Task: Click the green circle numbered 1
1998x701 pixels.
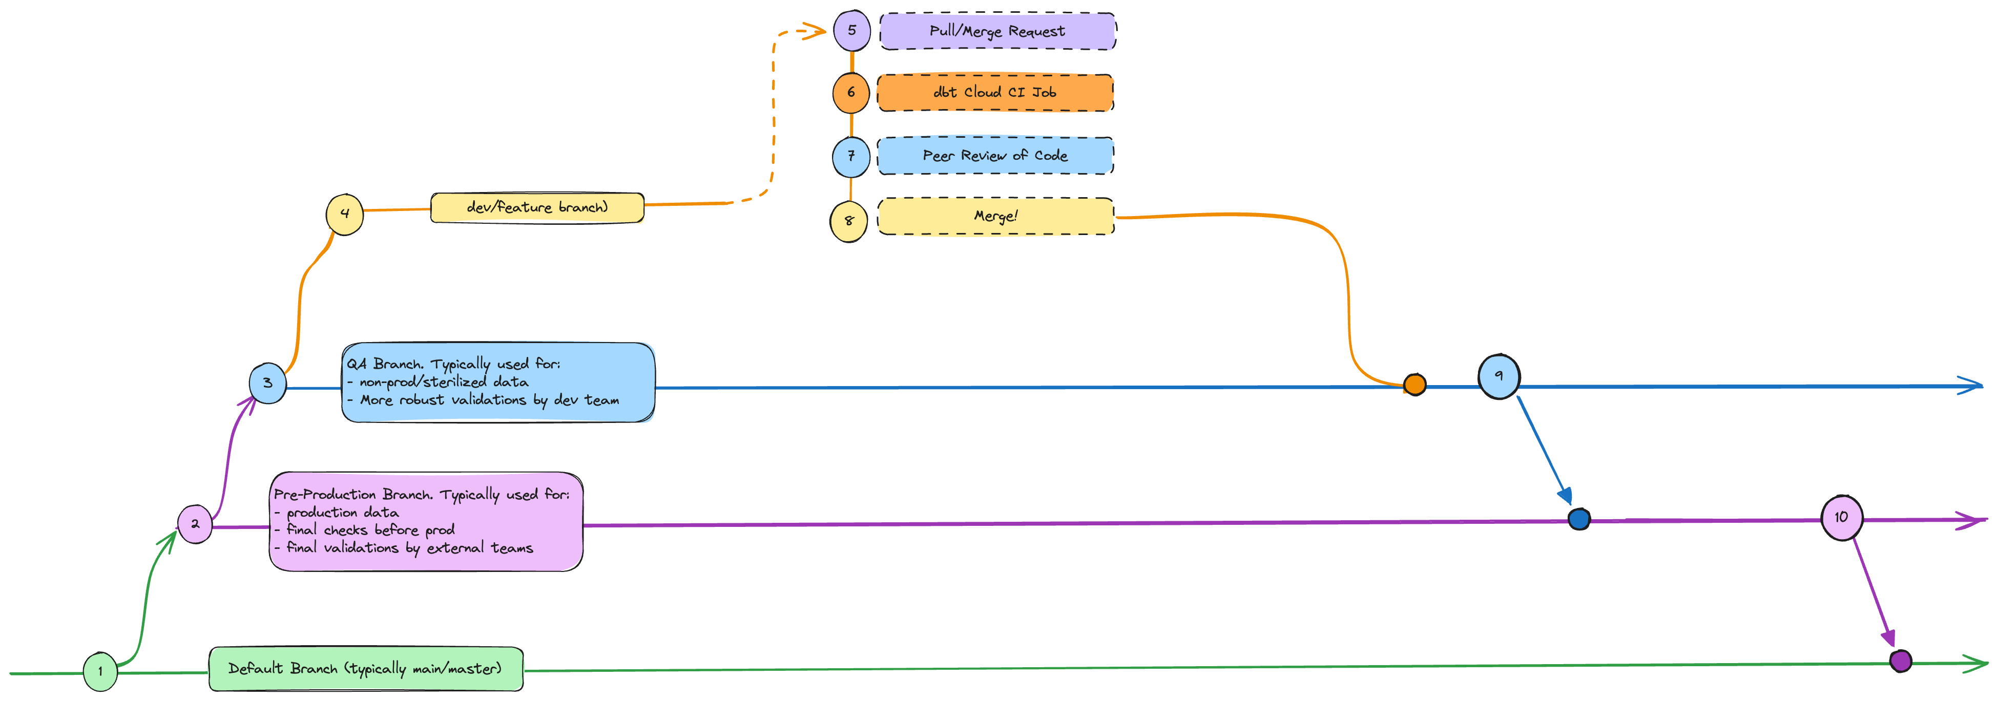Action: pyautogui.click(x=100, y=671)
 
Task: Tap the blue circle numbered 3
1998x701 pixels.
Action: pyautogui.click(x=267, y=383)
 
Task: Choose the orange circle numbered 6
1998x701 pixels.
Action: pyautogui.click(x=851, y=92)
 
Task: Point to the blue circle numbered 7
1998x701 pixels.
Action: pyautogui.click(x=851, y=156)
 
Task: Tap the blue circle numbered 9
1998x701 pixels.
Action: pyautogui.click(x=1499, y=376)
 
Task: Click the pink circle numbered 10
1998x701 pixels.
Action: pyautogui.click(x=1841, y=517)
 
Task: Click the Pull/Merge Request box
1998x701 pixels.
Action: pyautogui.click(x=996, y=32)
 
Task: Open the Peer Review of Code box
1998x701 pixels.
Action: pyautogui.click(x=995, y=156)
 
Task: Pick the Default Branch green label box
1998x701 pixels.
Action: pyautogui.click(x=365, y=668)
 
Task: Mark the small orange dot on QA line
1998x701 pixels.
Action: pyautogui.click(x=1414, y=385)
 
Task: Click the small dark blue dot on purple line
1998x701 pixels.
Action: pyautogui.click(x=1579, y=519)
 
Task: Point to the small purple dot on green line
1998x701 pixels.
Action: pyautogui.click(x=1900, y=661)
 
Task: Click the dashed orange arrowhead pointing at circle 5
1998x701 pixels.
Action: pyautogui.click(x=816, y=32)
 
